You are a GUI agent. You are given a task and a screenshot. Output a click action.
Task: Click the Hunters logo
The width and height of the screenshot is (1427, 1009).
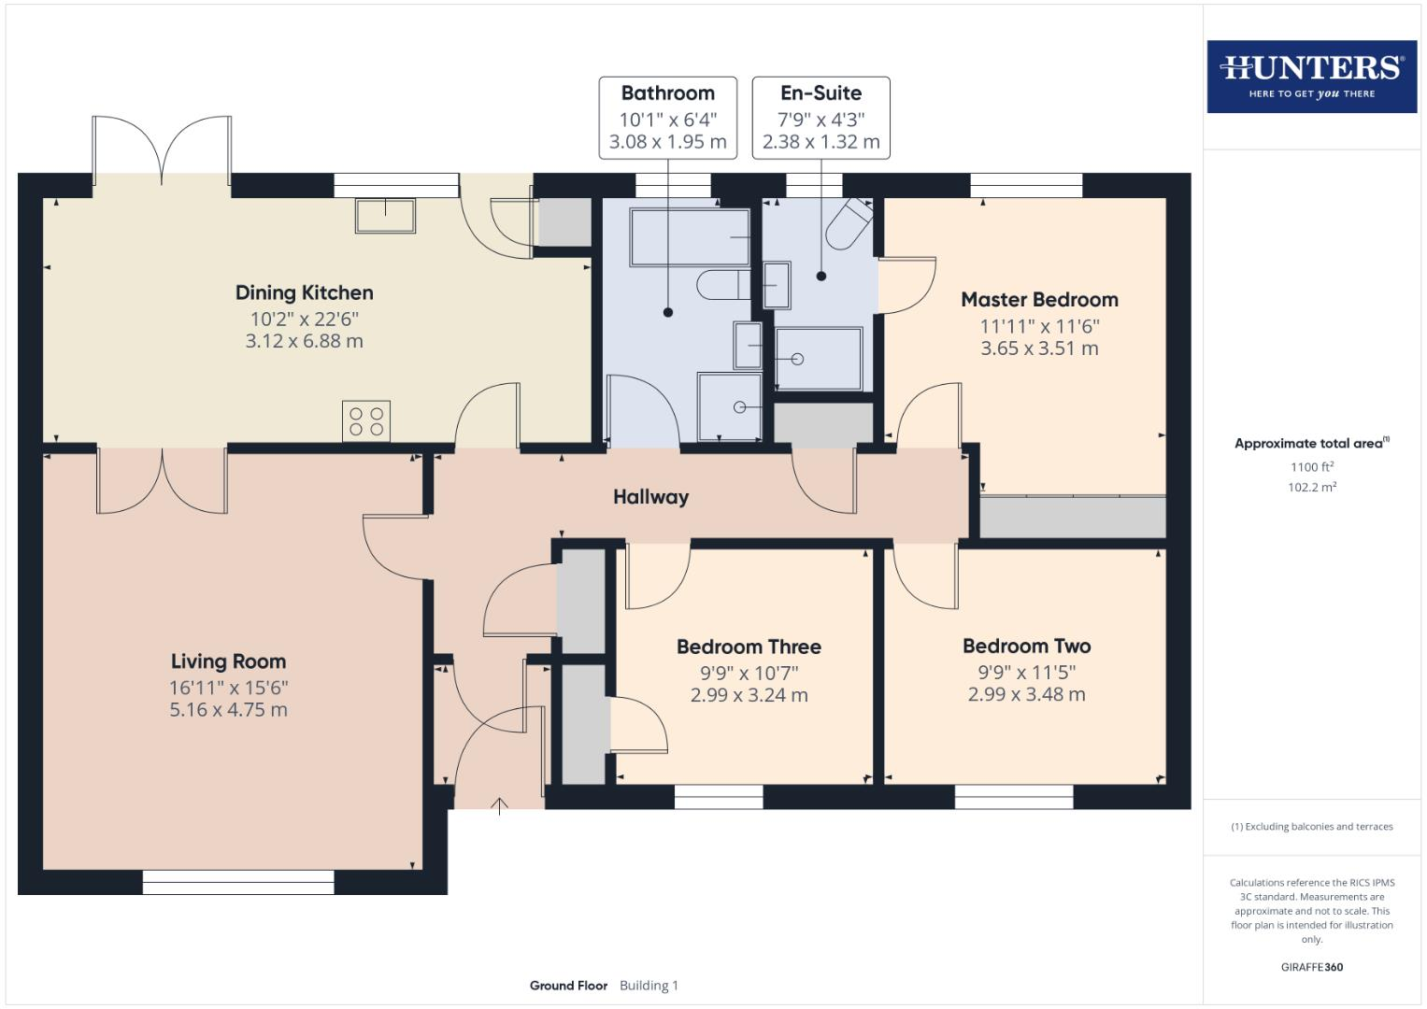[x=1311, y=77]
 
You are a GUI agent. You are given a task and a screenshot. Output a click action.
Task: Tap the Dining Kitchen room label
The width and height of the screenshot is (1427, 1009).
[x=304, y=293]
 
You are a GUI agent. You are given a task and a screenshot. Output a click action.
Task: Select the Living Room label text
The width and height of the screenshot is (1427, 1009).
[x=228, y=661]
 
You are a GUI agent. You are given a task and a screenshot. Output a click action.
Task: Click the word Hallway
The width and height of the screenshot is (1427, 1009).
[x=650, y=497]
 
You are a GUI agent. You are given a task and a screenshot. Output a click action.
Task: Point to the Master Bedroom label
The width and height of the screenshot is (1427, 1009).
[x=1039, y=300]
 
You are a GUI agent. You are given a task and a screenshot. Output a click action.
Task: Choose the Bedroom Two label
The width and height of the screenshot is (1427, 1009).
[x=1026, y=647]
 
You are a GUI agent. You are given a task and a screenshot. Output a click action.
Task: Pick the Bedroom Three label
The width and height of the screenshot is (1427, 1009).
[x=749, y=647]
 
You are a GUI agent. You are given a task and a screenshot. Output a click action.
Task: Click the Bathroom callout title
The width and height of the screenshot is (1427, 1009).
[x=667, y=93]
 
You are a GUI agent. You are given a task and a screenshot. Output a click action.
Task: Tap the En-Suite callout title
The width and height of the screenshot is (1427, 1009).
[x=821, y=93]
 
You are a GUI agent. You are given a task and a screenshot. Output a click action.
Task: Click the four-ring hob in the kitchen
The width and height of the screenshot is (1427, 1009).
[x=366, y=421]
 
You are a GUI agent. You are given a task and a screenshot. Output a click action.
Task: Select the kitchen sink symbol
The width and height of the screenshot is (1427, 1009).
[x=385, y=215]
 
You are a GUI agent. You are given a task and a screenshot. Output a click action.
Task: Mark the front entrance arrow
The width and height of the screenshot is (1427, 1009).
[x=500, y=805]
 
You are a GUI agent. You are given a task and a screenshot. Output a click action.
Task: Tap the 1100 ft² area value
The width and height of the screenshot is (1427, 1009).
[x=1311, y=466]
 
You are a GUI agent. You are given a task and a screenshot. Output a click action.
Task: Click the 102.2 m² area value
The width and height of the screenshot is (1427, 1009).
[x=1311, y=487]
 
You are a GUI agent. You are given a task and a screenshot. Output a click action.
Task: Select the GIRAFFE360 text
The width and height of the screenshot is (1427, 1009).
[x=1311, y=967]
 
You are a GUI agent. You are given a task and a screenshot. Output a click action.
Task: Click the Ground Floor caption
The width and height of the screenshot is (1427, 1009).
[x=568, y=986]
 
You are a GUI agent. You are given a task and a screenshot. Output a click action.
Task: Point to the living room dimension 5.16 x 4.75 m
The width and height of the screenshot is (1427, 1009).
[x=228, y=710]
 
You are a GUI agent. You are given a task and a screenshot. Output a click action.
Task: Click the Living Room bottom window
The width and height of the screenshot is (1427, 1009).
[x=238, y=882]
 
